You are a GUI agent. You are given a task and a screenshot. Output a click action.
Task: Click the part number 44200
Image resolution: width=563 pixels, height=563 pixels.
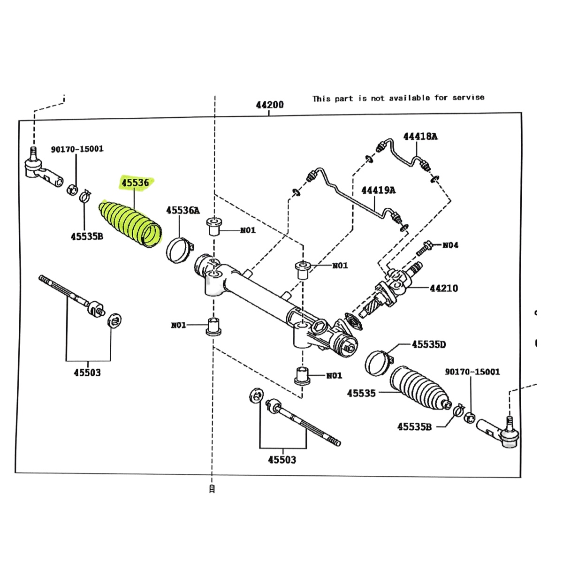coord(270,105)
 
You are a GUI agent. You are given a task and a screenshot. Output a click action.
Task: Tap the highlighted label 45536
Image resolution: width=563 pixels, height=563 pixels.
coord(135,183)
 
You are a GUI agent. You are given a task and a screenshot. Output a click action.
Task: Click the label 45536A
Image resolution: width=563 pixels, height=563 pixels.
coord(183,210)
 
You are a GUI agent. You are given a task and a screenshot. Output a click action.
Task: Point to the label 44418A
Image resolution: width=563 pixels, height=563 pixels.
coord(420,137)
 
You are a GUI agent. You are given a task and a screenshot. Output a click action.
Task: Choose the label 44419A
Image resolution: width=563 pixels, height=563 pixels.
coord(378,190)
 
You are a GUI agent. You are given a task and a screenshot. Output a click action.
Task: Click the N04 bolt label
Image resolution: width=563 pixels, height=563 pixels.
coord(450,245)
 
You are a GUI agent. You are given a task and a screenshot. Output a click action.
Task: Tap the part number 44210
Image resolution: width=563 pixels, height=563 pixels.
coord(444,288)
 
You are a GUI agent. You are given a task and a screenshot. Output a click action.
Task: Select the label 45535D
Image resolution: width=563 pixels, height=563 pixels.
coord(429,344)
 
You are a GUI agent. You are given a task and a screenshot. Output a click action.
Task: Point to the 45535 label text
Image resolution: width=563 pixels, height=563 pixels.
coord(361,393)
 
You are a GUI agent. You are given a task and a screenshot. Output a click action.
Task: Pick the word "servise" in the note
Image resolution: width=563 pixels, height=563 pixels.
coord(468,98)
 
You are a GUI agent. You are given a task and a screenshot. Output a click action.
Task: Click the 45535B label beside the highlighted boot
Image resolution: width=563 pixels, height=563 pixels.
coord(87,236)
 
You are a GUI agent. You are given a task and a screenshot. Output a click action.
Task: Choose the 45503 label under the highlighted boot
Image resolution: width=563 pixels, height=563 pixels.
coord(87,373)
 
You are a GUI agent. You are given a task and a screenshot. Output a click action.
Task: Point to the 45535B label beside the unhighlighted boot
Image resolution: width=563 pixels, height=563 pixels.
coord(414,426)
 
